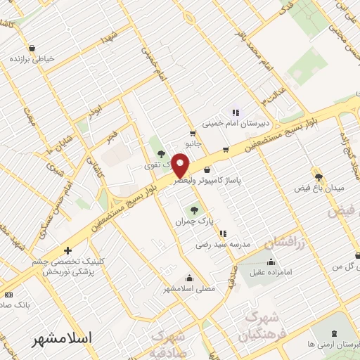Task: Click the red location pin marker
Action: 181,165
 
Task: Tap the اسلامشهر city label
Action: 63,338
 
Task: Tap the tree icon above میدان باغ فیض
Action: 318,176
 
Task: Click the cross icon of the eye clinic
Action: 67,250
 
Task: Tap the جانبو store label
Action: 193,143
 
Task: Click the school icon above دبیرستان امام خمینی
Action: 236,112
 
